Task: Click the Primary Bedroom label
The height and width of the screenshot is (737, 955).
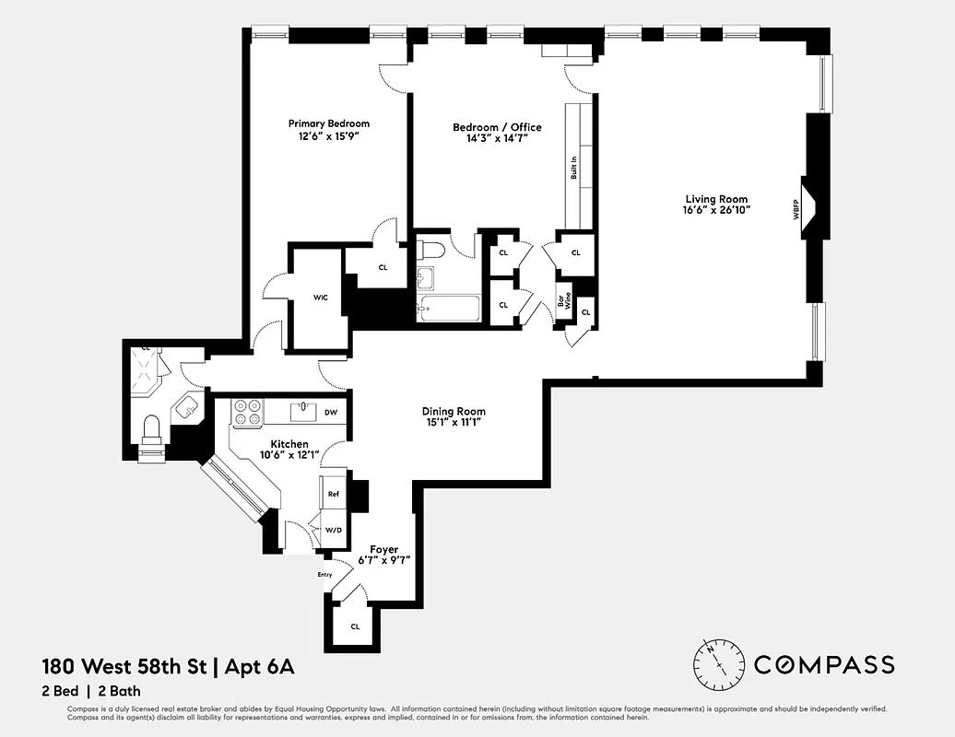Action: [x=328, y=123]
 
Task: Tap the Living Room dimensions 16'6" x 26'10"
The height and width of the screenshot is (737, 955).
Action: [x=716, y=210]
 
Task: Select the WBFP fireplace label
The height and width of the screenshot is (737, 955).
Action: [x=796, y=210]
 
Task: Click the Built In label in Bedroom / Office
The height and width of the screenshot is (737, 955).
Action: [x=573, y=167]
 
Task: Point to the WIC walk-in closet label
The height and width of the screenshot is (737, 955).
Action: [x=320, y=298]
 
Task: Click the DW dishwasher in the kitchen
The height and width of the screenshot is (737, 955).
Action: [x=331, y=412]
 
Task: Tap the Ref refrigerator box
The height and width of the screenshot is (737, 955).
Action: [x=333, y=494]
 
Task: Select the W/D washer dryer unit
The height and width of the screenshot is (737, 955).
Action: [x=333, y=530]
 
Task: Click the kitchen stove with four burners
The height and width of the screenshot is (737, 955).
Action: [x=247, y=413]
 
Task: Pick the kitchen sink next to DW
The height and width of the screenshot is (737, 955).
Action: [x=302, y=411]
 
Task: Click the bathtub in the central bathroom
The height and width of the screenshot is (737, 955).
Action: [x=448, y=309]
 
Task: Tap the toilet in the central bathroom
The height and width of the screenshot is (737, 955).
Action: [x=430, y=249]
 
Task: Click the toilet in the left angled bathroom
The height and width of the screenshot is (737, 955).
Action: [x=153, y=429]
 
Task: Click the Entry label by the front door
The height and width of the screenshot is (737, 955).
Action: [x=324, y=575]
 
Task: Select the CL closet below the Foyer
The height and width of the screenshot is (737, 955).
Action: [x=354, y=626]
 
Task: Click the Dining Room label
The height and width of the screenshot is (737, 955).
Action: [x=454, y=411]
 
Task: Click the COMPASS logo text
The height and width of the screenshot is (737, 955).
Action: [x=824, y=664]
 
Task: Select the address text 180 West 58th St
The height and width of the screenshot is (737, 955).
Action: [x=125, y=665]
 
